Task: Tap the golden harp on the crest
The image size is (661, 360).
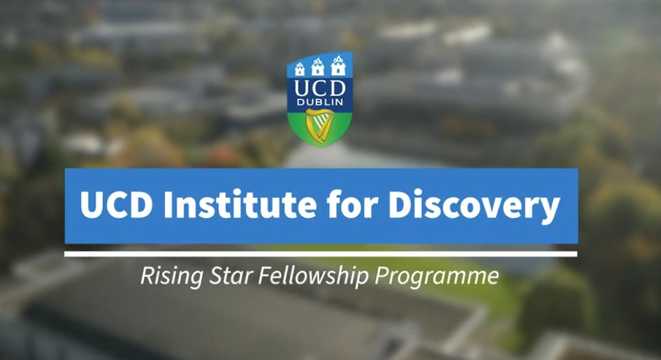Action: [x=320, y=125]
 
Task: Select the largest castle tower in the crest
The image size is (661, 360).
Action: [x=341, y=66]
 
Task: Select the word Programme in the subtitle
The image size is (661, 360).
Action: [x=437, y=276]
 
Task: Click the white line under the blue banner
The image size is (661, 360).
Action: [x=321, y=254]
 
